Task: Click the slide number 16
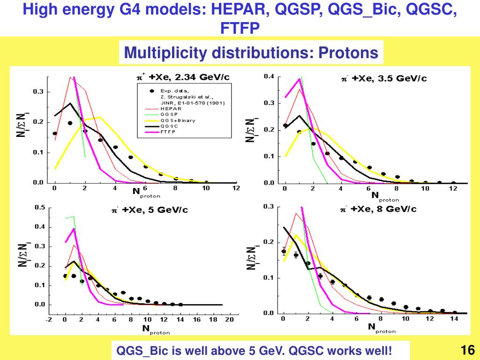pyautogui.click(x=468, y=350)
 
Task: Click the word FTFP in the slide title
pyautogui.click(x=240, y=29)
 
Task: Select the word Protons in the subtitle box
pyautogui.click(x=348, y=52)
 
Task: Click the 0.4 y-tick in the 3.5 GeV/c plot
pyautogui.click(x=269, y=76)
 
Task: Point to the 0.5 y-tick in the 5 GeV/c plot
pyautogui.click(x=40, y=208)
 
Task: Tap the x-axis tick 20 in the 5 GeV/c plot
pyautogui.click(x=229, y=320)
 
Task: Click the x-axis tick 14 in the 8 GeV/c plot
pyautogui.click(x=454, y=319)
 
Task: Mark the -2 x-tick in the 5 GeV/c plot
pyautogui.click(x=49, y=320)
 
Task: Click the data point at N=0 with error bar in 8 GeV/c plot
pyautogui.click(x=284, y=251)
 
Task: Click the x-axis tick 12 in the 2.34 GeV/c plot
pyautogui.click(x=236, y=188)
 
